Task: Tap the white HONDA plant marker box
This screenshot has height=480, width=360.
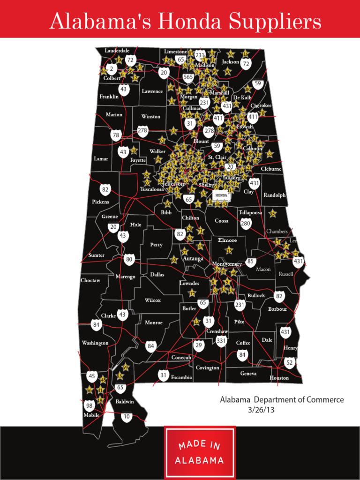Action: point(221,195)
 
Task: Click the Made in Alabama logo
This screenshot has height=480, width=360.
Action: point(199,452)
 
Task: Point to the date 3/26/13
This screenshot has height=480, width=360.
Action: point(260,409)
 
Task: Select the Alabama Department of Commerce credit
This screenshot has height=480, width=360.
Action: point(282,400)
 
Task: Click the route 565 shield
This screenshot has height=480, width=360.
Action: point(188,77)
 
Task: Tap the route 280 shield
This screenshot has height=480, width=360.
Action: point(246,224)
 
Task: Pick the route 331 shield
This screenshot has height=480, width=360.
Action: point(221,341)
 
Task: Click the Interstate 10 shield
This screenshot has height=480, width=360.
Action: point(127,416)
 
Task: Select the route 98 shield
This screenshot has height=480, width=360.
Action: point(89,405)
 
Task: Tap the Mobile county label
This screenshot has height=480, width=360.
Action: point(91,415)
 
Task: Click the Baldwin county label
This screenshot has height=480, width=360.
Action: point(125,402)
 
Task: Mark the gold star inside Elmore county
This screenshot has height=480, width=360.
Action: point(229,251)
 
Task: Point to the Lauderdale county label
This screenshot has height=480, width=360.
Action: point(117,51)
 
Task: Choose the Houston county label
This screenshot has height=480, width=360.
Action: point(279,378)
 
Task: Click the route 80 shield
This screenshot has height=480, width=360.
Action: point(129,259)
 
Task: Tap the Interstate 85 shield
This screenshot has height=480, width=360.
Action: point(250,262)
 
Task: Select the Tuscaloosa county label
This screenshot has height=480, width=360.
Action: point(152,189)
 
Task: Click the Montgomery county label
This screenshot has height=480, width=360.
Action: point(226,264)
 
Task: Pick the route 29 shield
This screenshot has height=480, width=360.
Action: point(199,345)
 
